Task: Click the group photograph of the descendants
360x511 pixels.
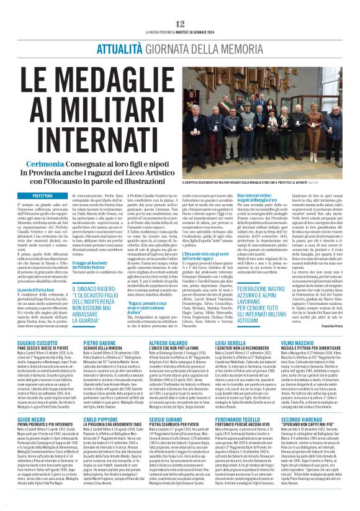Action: point(268,105)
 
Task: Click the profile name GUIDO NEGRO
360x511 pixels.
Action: point(28,420)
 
